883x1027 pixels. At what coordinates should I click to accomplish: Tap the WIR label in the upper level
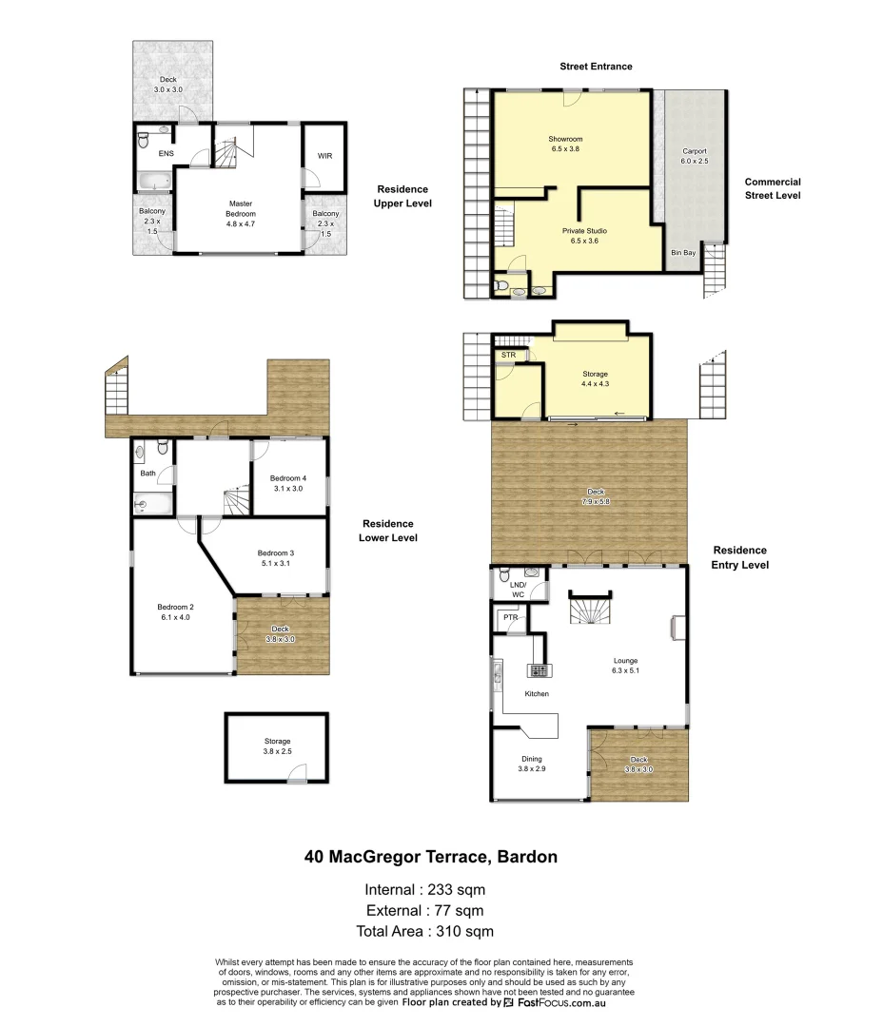(324, 157)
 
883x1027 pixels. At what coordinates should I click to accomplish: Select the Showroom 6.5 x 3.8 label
(564, 144)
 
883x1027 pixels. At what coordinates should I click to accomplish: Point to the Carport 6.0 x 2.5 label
(695, 157)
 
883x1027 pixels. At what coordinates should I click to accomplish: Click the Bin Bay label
(682, 253)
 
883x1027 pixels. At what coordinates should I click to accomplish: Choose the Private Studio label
(584, 236)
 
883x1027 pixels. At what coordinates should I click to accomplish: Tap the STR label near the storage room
(508, 356)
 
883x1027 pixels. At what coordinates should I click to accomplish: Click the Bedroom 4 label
(287, 483)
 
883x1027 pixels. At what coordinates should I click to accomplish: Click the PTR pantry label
(511, 618)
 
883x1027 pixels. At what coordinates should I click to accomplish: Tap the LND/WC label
(518, 590)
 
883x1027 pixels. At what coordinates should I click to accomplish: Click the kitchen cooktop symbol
(539, 671)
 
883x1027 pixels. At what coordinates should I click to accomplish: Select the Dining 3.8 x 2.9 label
(531, 764)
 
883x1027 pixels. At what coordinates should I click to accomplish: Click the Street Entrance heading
(595, 67)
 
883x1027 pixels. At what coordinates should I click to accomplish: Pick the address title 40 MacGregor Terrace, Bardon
(430, 857)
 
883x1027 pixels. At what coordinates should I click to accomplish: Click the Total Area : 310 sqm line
(424, 932)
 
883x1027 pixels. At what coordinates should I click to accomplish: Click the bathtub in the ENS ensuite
(152, 181)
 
